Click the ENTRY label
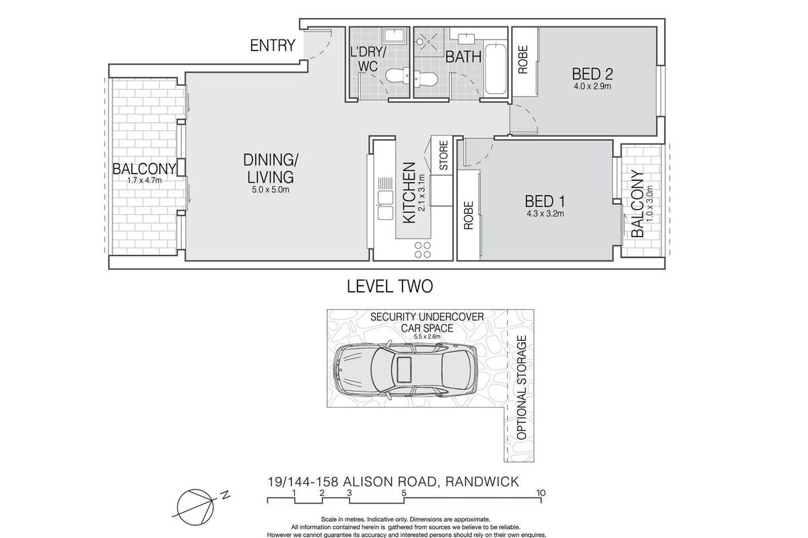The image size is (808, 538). click(x=272, y=46)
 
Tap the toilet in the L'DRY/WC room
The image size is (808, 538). click(x=397, y=76)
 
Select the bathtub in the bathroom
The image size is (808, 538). click(x=496, y=69)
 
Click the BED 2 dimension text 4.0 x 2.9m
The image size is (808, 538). click(x=593, y=87)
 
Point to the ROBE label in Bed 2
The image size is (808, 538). click(x=523, y=59)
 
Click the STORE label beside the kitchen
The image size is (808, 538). click(x=443, y=155)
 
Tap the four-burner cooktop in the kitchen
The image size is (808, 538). click(x=423, y=249)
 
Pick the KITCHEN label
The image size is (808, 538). click(x=409, y=193)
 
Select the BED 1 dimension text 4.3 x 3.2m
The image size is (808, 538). click(x=545, y=214)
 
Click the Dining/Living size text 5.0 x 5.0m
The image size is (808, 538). click(x=271, y=190)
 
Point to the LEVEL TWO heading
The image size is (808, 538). click(x=390, y=286)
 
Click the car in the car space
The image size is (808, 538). click(x=405, y=369)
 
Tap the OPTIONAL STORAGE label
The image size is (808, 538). click(x=522, y=388)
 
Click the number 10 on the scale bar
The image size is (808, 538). click(x=541, y=493)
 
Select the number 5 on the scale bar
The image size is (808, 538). click(x=403, y=493)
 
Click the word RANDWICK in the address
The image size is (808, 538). click(x=482, y=482)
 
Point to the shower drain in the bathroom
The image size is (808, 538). click(x=428, y=42)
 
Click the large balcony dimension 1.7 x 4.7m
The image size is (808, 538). click(x=144, y=180)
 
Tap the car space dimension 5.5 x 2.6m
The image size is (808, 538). click(x=427, y=337)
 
